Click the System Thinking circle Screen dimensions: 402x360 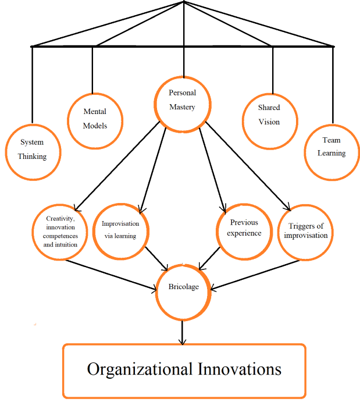pyautogui.click(x=33, y=150)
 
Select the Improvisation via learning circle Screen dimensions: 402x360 pyautogui.click(x=121, y=230)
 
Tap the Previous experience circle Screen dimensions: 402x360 pyautogui.click(x=244, y=231)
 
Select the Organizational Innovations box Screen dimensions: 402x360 pyautogui.click(x=184, y=371)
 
